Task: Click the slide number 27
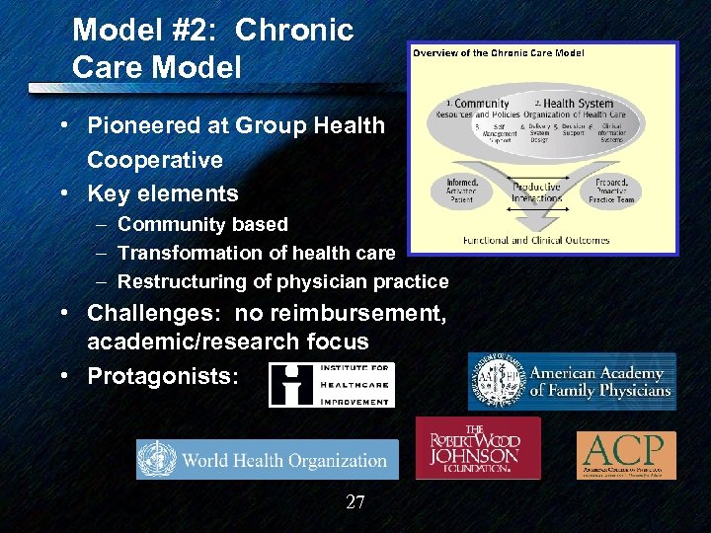click(355, 502)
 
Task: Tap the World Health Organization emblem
click(159, 460)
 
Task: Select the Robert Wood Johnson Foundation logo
click(478, 447)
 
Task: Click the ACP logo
click(626, 455)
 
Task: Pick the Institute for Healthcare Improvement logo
click(331, 385)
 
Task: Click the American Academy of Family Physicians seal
click(497, 381)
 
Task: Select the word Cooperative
click(155, 160)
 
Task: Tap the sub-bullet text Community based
click(202, 224)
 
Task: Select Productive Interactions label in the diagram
click(537, 192)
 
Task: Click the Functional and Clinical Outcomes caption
click(536, 240)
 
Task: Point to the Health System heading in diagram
click(578, 104)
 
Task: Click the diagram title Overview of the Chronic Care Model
click(497, 52)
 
